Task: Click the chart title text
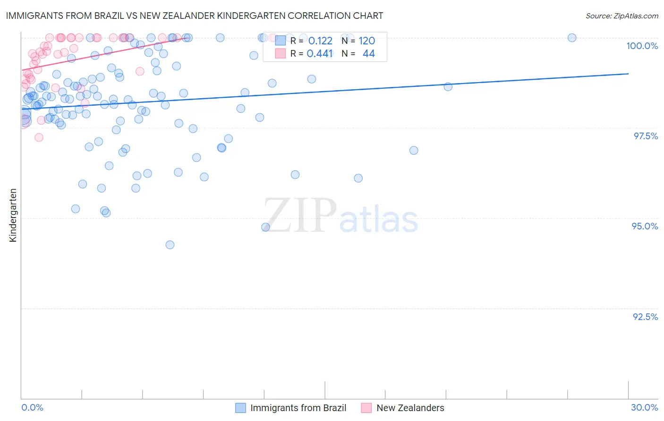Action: click(x=194, y=16)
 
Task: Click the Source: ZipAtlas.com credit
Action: click(x=621, y=16)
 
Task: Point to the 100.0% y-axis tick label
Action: click(x=642, y=46)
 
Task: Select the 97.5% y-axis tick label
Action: click(x=646, y=136)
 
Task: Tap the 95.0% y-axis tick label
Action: click(x=645, y=226)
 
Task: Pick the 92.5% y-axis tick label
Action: click(x=645, y=317)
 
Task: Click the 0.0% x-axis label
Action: click(x=32, y=407)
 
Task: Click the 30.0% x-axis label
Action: click(x=644, y=407)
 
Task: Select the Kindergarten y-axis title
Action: click(x=13, y=215)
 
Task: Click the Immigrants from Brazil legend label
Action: click(x=298, y=408)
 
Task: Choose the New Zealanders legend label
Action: click(x=410, y=408)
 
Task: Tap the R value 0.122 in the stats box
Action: click(x=320, y=41)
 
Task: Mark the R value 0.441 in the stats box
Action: click(x=320, y=54)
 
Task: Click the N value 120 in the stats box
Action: click(x=366, y=41)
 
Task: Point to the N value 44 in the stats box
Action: click(x=368, y=54)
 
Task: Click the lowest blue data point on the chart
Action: click(x=170, y=244)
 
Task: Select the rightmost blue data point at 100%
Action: click(x=572, y=38)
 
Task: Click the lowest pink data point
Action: click(x=39, y=137)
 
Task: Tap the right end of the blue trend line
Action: click(x=628, y=74)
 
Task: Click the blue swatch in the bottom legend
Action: click(x=240, y=408)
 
